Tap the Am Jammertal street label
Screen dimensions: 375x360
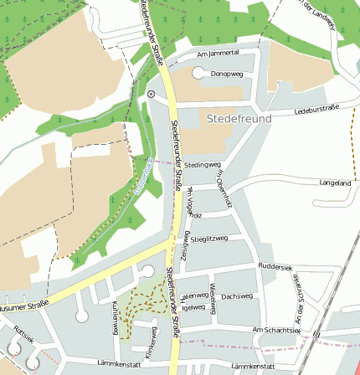[x=218, y=53]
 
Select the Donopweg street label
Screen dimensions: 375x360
[x=226, y=74]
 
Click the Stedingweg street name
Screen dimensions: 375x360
[x=202, y=165]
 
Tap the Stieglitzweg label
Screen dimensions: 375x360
[x=209, y=239]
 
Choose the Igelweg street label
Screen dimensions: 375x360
[x=193, y=307]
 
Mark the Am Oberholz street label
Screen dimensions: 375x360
[x=222, y=185]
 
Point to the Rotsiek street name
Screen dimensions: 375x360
[x=23, y=335]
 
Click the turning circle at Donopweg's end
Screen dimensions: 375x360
[x=198, y=74]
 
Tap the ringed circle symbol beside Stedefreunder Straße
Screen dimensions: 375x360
[x=151, y=95]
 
